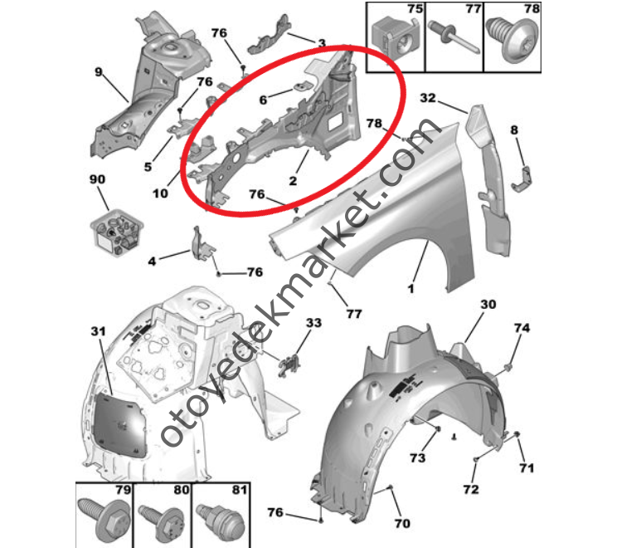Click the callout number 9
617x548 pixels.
click(x=99, y=71)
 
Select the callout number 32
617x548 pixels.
click(x=428, y=98)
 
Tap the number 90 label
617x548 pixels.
click(x=97, y=179)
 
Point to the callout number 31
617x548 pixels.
click(x=99, y=331)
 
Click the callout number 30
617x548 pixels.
click(x=488, y=304)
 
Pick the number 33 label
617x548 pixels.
click(x=313, y=323)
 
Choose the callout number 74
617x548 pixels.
click(x=522, y=328)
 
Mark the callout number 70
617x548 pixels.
click(x=402, y=523)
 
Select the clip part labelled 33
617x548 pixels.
click(x=289, y=366)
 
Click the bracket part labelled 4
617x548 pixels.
click(x=202, y=244)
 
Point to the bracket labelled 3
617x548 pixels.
click(x=270, y=35)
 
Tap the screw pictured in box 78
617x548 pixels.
click(x=513, y=39)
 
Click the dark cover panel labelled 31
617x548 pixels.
click(x=119, y=424)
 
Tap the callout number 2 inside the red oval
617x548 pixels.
click(x=293, y=181)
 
